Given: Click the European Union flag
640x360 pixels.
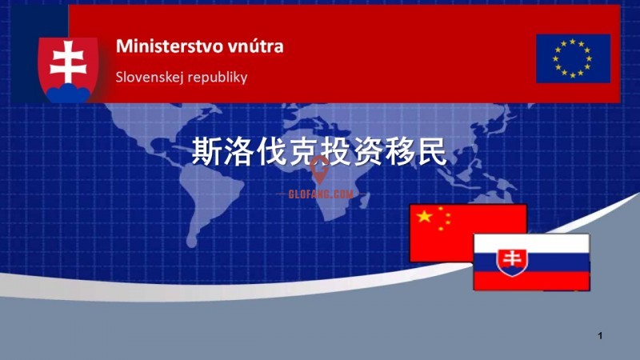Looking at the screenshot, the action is (573, 58).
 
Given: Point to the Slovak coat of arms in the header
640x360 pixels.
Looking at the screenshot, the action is (68, 70).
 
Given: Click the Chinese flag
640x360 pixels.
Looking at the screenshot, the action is (468, 233).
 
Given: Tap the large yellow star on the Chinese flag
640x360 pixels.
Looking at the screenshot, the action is (425, 216).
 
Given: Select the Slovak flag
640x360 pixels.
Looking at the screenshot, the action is (531, 262).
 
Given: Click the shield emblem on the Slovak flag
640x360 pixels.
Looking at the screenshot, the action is (512, 262).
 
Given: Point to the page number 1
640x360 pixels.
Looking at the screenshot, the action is (600, 336).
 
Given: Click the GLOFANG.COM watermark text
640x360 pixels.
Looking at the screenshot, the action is (321, 194).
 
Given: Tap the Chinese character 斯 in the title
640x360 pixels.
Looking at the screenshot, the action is (207, 151).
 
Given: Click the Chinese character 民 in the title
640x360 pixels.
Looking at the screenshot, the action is (431, 151).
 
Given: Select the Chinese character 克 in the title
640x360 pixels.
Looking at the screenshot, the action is (303, 151).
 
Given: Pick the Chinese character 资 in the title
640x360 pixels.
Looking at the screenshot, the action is (367, 151).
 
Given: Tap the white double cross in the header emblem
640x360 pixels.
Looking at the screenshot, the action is (68, 62).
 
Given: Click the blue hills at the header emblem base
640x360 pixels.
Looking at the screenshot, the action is (68, 93).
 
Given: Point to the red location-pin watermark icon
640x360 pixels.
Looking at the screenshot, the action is (319, 170).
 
